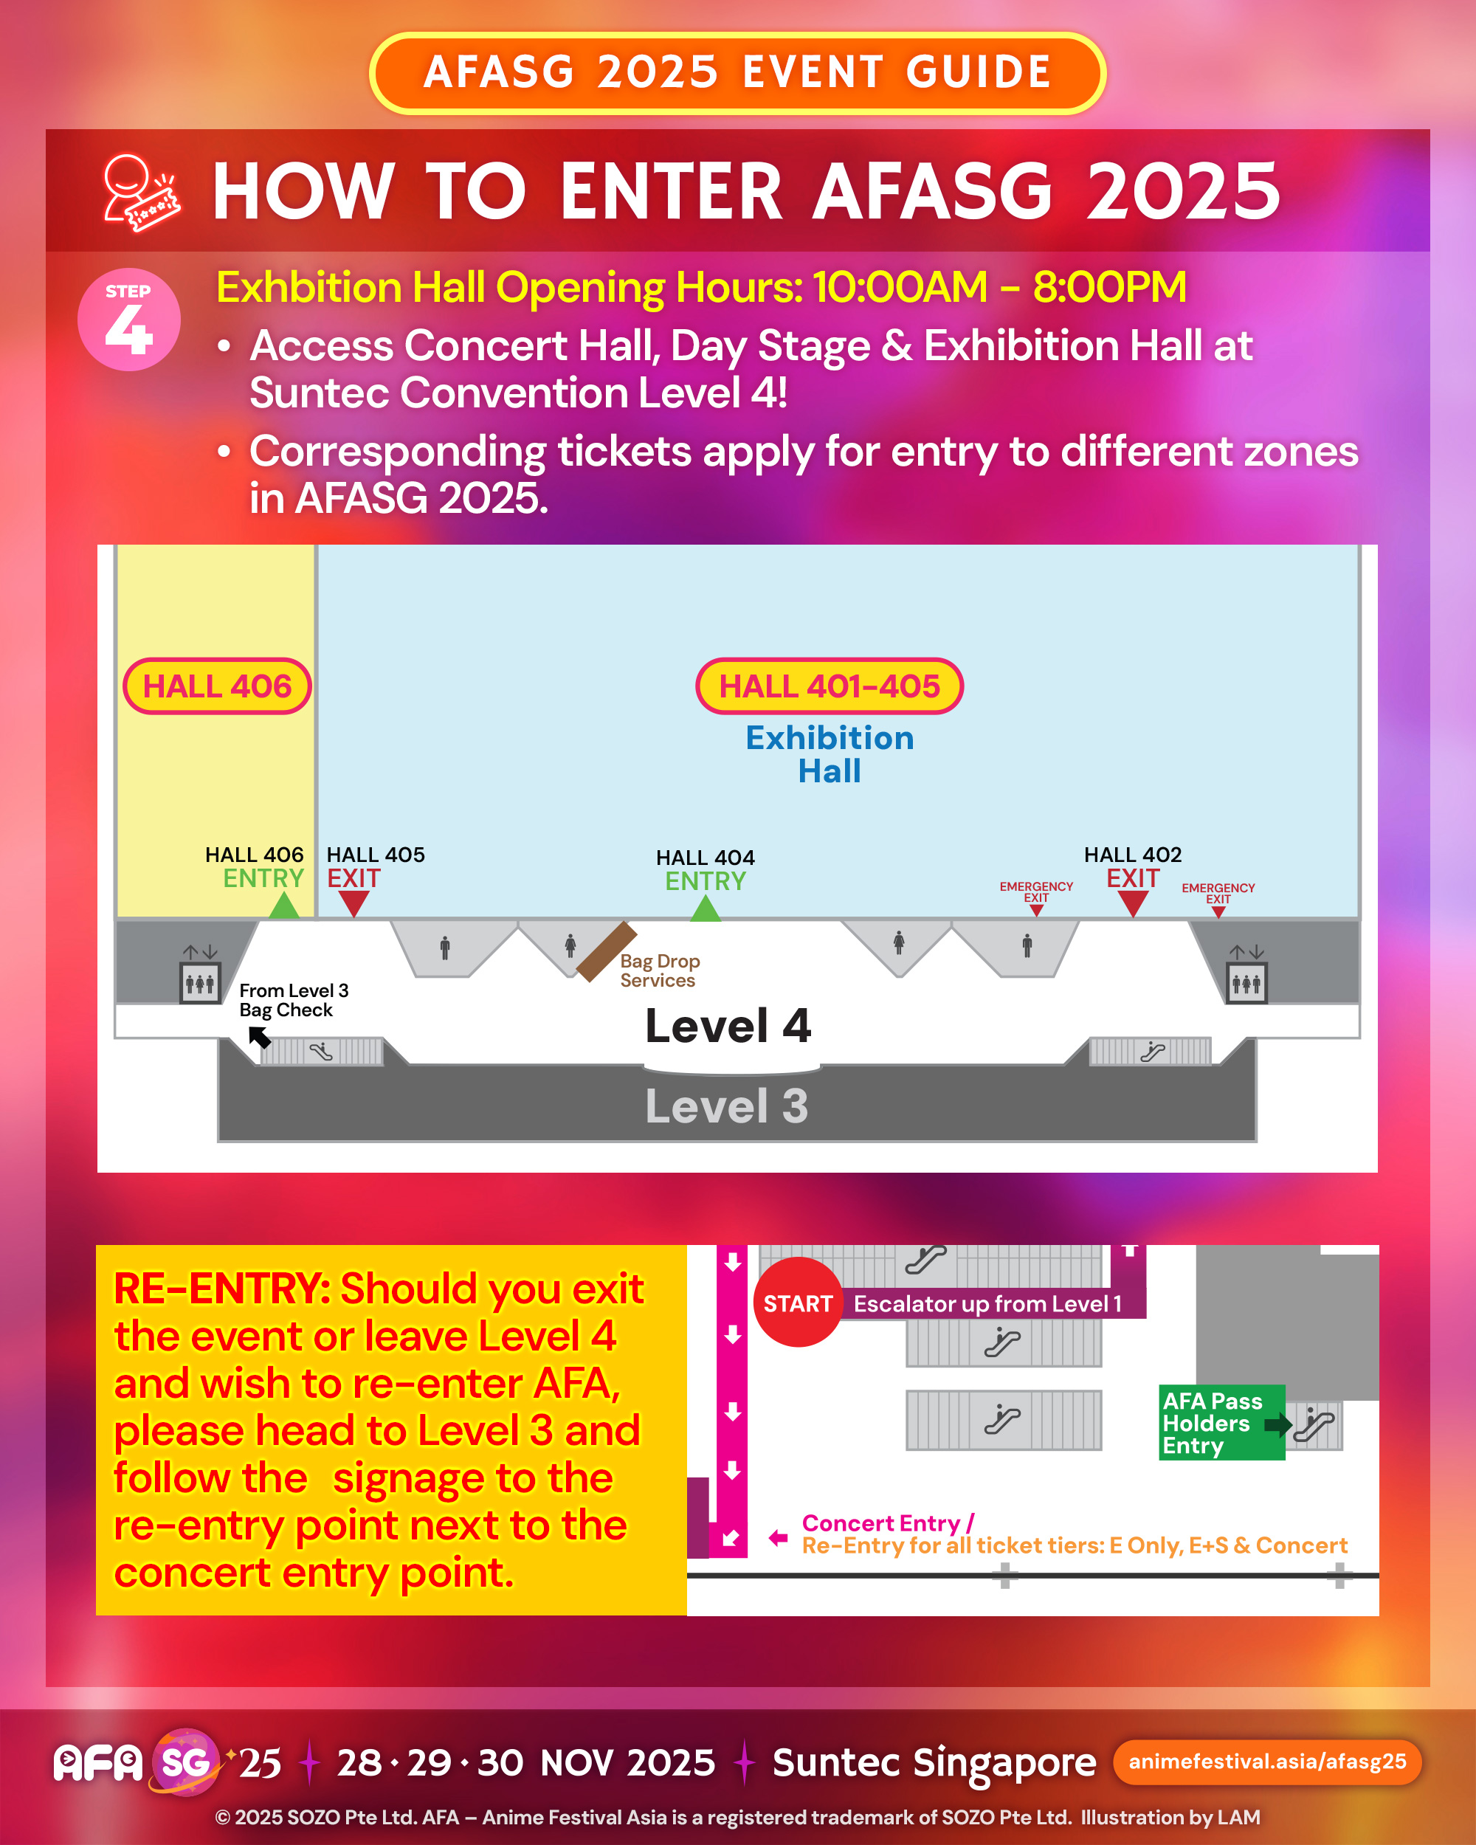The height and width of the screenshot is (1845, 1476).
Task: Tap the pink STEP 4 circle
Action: click(128, 320)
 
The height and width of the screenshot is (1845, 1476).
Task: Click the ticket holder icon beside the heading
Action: click(140, 193)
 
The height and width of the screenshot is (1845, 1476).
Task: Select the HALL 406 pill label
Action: click(216, 686)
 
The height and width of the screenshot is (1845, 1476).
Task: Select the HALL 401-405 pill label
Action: click(828, 686)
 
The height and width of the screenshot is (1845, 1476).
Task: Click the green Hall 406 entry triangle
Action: click(283, 906)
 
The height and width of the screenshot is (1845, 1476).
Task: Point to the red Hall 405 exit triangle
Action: click(353, 902)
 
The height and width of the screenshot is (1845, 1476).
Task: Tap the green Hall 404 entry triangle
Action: click(705, 908)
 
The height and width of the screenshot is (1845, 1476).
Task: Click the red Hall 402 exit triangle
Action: click(1132, 902)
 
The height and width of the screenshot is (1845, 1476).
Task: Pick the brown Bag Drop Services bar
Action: click(606, 951)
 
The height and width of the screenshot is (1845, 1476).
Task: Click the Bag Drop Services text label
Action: click(659, 970)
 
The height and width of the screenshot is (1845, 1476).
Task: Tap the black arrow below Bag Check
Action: click(259, 1036)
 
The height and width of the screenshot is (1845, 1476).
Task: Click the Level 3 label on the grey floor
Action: click(726, 1106)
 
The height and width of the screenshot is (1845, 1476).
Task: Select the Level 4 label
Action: click(728, 1026)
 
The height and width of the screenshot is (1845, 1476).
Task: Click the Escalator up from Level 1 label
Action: click(987, 1304)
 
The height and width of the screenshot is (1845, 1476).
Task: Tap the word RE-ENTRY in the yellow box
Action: click(221, 1289)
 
